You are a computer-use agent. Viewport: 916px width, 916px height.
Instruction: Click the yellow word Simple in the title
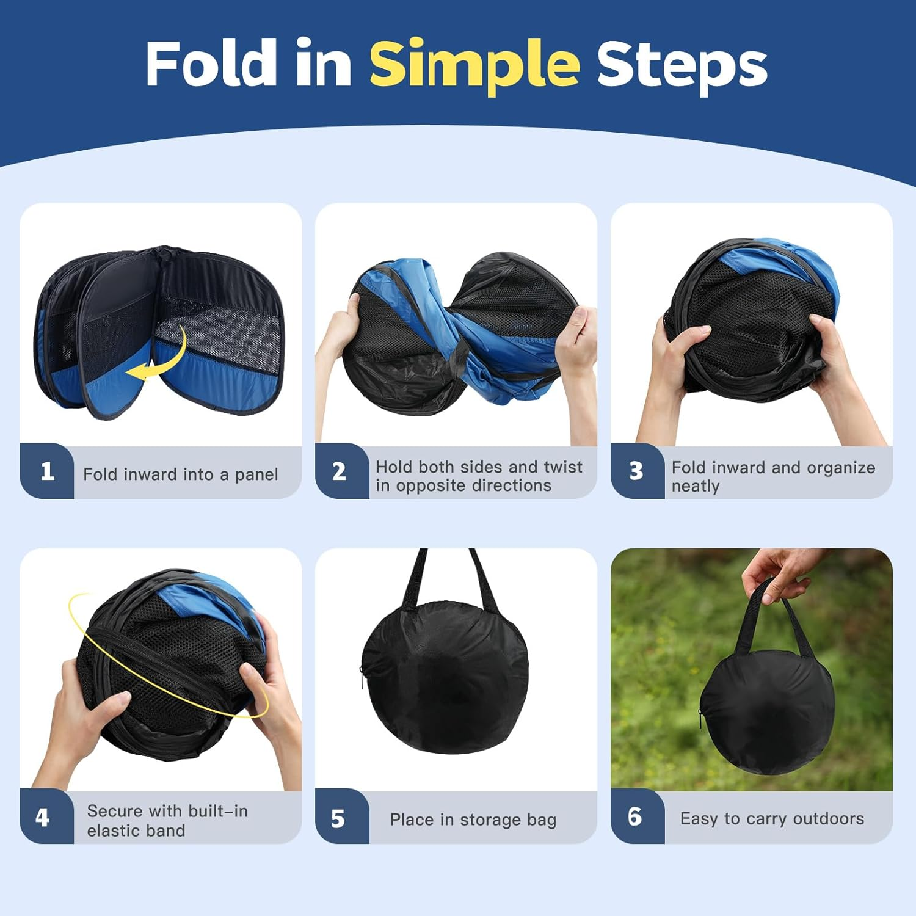pyautogui.click(x=474, y=64)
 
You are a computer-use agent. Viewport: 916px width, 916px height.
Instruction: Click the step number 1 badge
pyautogui.click(x=47, y=471)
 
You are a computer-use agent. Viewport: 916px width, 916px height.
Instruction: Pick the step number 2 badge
pyautogui.click(x=340, y=471)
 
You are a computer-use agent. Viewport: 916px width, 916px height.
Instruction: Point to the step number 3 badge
pyautogui.click(x=636, y=471)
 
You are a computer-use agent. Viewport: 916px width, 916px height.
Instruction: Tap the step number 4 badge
pyautogui.click(x=42, y=817)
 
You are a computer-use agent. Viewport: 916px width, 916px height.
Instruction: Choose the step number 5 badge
pyautogui.click(x=338, y=818)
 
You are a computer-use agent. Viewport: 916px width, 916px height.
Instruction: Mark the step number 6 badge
pyautogui.click(x=634, y=817)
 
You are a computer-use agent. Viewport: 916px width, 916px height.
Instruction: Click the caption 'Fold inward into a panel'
pyautogui.click(x=181, y=474)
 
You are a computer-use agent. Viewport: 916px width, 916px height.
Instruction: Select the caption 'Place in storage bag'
pyautogui.click(x=473, y=820)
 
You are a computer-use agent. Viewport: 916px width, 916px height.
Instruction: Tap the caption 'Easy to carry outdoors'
pyautogui.click(x=772, y=818)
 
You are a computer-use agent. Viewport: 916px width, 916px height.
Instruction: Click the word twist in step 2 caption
pyautogui.click(x=562, y=467)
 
